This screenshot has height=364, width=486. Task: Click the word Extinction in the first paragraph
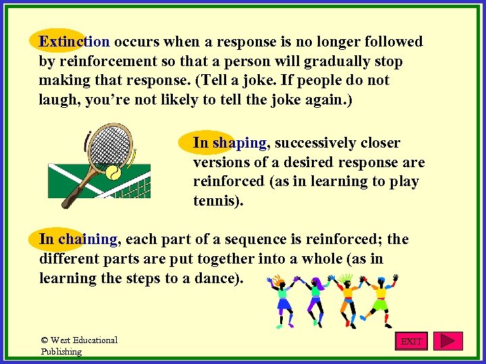pos(74,42)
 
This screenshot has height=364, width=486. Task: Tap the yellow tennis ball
pos(111,173)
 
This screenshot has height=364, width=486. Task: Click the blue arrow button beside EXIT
pos(448,341)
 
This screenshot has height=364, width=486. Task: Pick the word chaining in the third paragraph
pos(88,239)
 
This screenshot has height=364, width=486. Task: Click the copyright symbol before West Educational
pos(45,340)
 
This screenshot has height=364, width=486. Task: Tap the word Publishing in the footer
pos(61,351)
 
